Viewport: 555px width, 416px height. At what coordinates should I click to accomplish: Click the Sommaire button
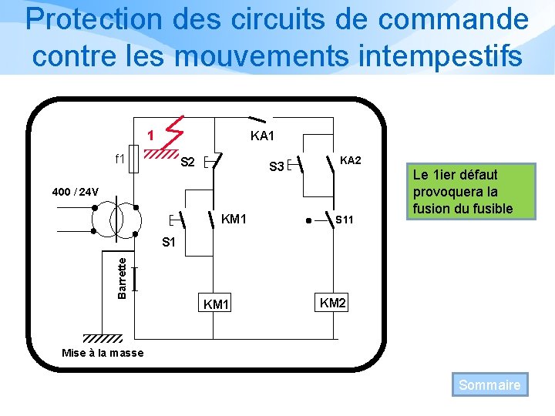click(489, 384)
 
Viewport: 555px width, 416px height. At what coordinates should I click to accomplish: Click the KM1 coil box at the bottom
click(216, 304)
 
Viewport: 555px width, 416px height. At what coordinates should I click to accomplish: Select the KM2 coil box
click(332, 303)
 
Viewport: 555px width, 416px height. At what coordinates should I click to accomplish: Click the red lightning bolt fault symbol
click(174, 132)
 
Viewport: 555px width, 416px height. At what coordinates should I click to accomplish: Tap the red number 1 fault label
click(152, 136)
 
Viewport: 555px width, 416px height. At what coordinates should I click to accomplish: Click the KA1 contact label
click(262, 136)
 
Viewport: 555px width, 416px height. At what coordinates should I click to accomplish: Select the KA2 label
click(350, 161)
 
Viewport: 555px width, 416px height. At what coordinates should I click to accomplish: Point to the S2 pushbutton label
click(187, 163)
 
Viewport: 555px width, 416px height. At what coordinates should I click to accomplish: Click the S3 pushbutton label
click(276, 166)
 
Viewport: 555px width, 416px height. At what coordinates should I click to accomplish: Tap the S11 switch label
click(345, 220)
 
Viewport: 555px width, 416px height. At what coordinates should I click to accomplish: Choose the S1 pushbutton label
click(169, 243)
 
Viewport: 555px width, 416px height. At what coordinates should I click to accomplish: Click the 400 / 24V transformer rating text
click(75, 191)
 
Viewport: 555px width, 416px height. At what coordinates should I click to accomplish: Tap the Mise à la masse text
click(102, 354)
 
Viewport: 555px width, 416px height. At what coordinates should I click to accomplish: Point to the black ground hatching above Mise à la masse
click(102, 338)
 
